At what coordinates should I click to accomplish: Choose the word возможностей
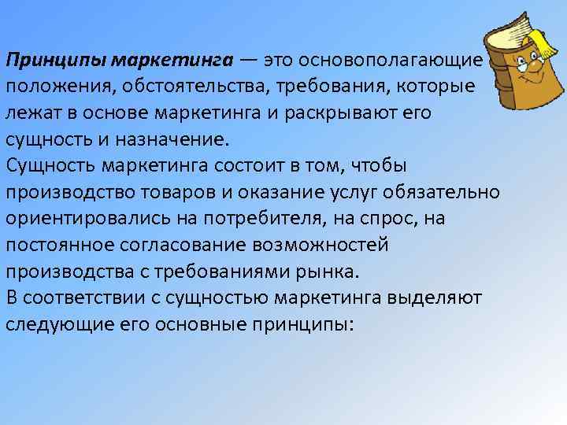336,244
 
